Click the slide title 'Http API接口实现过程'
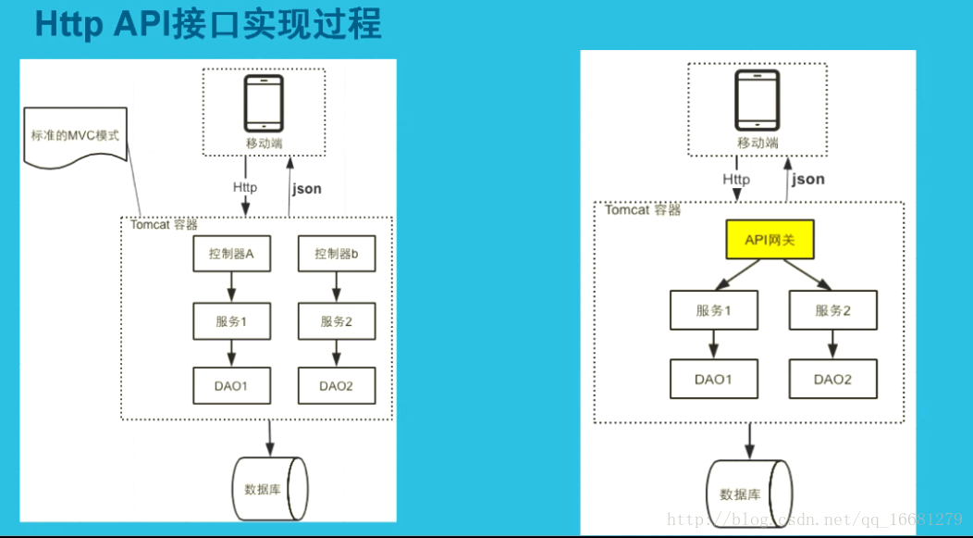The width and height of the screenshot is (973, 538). point(207,24)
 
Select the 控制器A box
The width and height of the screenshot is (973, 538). point(231,254)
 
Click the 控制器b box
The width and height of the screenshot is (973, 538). point(337,254)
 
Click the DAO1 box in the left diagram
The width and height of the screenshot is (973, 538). point(231,385)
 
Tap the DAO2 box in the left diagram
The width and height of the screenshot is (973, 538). point(337,385)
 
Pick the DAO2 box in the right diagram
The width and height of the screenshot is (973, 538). point(832,379)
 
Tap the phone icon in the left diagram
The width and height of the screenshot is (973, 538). point(264,104)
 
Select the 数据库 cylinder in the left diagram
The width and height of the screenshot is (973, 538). point(269,487)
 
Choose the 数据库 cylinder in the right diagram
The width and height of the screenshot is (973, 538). point(748,493)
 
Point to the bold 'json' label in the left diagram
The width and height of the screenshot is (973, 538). point(307,188)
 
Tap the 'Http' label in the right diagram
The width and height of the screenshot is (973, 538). point(736,179)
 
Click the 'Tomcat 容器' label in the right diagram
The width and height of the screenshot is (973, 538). point(643,210)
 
